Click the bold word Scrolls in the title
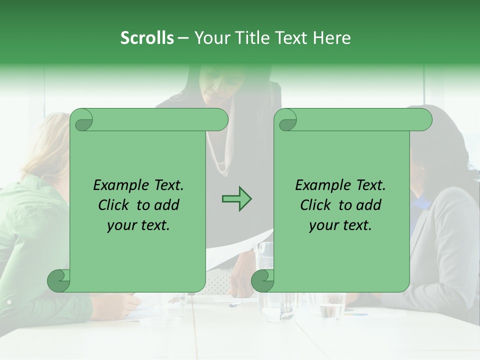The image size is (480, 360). tap(147, 38)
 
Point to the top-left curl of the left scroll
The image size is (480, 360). tap(81, 120)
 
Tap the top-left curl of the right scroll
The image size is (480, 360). tap(285, 120)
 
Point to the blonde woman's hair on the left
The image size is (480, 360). tap(47, 145)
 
